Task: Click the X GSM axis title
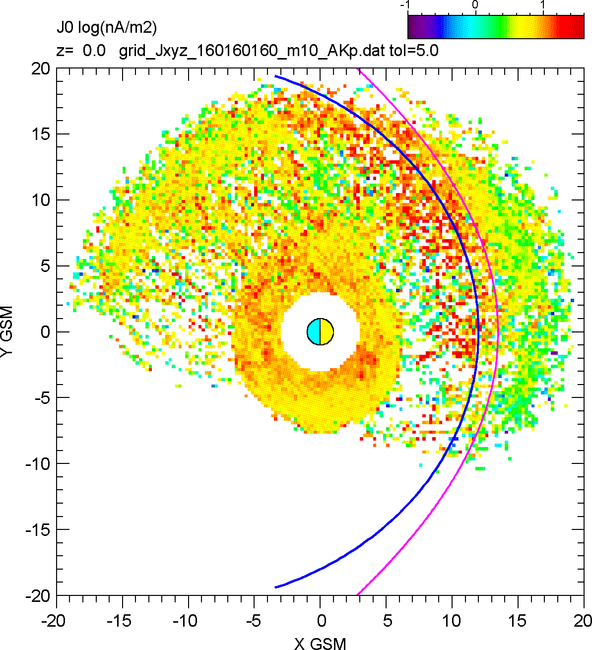320,644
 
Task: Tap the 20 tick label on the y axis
41,68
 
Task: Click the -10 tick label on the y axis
37,464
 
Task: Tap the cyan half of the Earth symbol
314,331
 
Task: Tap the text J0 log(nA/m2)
107,28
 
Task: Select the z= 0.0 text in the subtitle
81,51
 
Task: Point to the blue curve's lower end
276,587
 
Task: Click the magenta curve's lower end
358,594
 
